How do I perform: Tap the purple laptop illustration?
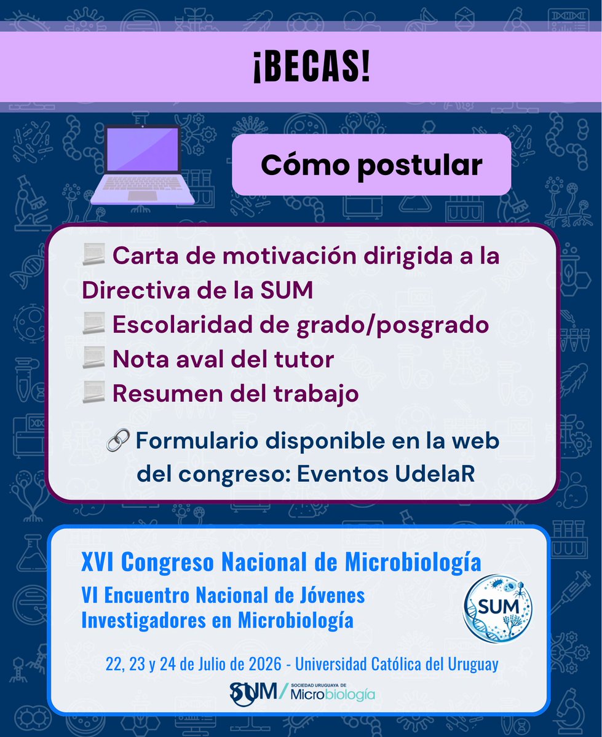142,165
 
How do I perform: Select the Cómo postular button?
371,165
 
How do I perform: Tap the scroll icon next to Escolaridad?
94,326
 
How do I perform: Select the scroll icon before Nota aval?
94,359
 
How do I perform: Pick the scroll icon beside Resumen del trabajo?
94,394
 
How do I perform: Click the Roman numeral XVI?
98,561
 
